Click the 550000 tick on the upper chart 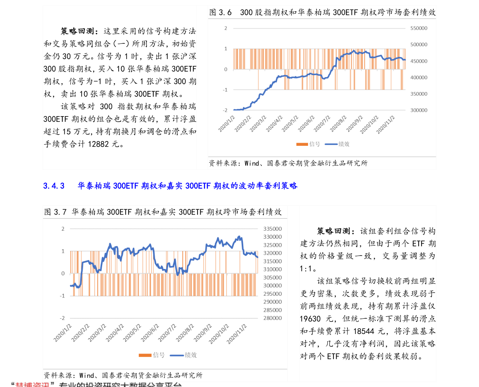419,28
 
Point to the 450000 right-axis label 419,61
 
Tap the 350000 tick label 419,94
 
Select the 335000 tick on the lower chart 273,229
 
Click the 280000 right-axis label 273,318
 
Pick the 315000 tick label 273,261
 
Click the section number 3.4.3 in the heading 54,186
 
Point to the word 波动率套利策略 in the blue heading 268,186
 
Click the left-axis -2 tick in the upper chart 226,110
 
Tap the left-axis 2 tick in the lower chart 63,229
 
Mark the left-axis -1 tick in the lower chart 62,296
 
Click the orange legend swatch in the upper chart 302,144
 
